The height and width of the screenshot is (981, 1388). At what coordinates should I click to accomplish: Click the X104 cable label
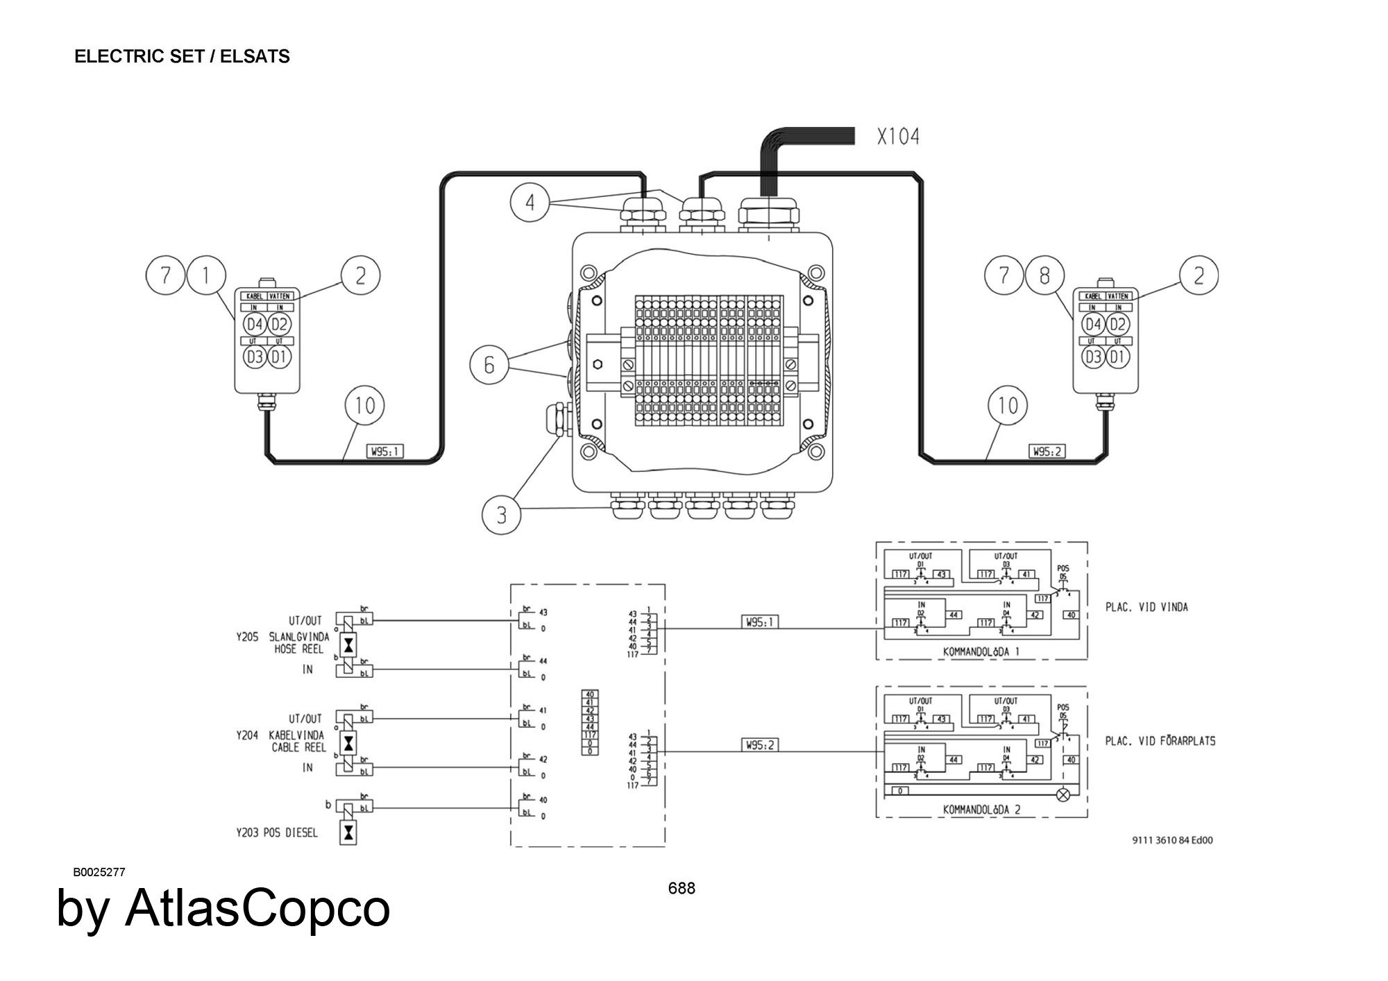click(x=898, y=137)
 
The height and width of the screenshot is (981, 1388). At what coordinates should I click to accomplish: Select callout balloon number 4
click(x=530, y=203)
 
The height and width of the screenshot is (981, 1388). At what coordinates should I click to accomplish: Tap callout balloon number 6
click(x=489, y=364)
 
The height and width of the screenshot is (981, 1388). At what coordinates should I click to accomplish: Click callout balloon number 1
click(x=205, y=275)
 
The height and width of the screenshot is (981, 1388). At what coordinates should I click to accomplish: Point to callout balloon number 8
click(x=1044, y=275)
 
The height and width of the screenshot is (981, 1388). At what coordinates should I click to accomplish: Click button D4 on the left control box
click(x=255, y=324)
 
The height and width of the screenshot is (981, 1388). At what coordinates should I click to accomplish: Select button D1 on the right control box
click(x=1117, y=357)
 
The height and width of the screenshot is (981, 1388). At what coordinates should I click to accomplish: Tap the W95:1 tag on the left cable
click(x=385, y=452)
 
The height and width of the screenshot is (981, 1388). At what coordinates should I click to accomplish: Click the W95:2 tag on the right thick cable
click(x=1047, y=452)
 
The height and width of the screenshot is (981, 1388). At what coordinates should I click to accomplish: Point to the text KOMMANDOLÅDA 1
click(x=981, y=651)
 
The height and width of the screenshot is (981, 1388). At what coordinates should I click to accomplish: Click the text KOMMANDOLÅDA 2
click(x=981, y=809)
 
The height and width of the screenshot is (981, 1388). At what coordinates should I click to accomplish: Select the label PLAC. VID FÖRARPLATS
click(x=1160, y=741)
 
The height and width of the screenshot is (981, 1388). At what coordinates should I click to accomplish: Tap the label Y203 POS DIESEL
click(x=277, y=832)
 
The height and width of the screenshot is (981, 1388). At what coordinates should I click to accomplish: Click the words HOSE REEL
click(x=299, y=649)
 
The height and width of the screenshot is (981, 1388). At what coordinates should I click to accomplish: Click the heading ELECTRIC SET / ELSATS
click(x=182, y=56)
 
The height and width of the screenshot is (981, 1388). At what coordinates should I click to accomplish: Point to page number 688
click(x=681, y=889)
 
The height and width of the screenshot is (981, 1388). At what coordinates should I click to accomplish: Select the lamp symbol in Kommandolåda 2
click(x=1062, y=795)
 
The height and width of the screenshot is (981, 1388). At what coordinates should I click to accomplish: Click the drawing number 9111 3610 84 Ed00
click(x=1172, y=840)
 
